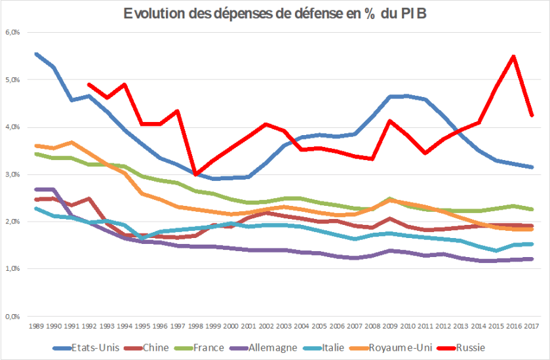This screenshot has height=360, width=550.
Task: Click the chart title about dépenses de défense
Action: click(x=275, y=14)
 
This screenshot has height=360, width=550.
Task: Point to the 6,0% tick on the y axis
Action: click(x=13, y=32)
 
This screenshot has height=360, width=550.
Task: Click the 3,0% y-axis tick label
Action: click(x=13, y=174)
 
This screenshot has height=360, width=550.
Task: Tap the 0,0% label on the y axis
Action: click(x=13, y=316)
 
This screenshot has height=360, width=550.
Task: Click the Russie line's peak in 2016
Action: click(x=513, y=56)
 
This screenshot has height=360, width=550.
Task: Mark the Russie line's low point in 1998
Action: click(x=195, y=174)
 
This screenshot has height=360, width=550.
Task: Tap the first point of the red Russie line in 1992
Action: click(x=88, y=84)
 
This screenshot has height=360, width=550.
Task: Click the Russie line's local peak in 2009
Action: click(x=389, y=121)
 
